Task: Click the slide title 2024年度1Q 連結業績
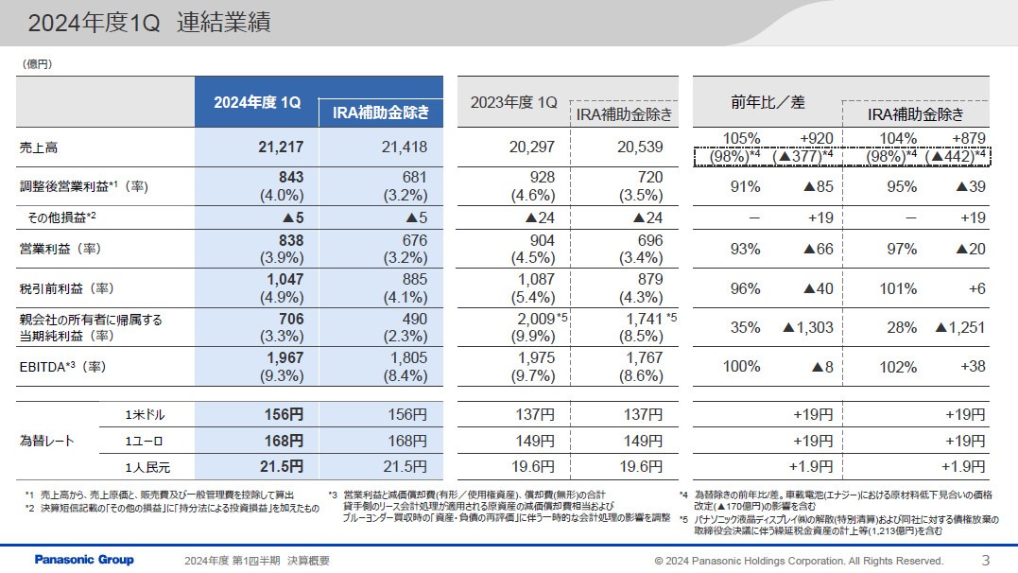tap(148, 24)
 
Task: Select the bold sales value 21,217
tap(280, 147)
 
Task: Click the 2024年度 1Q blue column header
tap(257, 103)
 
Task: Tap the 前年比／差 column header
tap(768, 102)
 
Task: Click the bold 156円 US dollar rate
tap(284, 414)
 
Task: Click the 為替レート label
tap(46, 441)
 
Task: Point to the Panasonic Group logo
tap(84, 560)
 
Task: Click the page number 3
tap(986, 559)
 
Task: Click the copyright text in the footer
tap(799, 561)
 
